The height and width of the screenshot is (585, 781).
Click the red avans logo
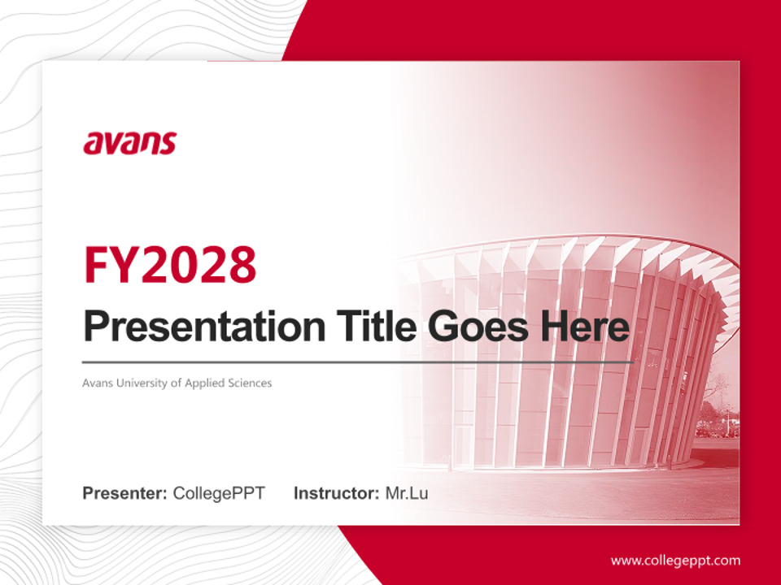coord(129,143)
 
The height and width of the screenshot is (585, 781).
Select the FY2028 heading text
coord(170,265)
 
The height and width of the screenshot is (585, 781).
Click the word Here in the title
coord(586,327)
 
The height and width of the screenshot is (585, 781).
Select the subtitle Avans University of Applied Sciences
coord(177,383)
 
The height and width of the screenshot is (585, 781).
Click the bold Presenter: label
coord(124,493)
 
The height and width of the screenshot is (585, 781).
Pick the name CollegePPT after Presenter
coord(219,493)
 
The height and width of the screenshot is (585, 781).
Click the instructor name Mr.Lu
coord(406,493)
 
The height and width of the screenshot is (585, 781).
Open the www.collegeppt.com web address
coord(675,561)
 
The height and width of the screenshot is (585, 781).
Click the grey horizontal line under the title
coord(358,362)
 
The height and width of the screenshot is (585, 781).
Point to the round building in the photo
coord(569,357)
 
